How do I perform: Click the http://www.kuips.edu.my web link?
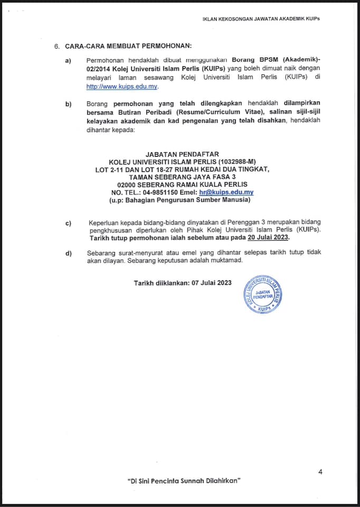coord(122,87)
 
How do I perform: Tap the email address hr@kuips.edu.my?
coord(223,193)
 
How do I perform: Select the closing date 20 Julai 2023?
coord(271,238)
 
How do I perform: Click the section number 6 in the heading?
coord(56,46)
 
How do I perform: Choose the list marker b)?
coord(68,104)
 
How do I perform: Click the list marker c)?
coord(68,223)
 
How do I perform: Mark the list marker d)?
coord(68,253)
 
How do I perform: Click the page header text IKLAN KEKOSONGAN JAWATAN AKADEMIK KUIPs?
coord(261,18)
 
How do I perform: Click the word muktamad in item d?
coord(228,261)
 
